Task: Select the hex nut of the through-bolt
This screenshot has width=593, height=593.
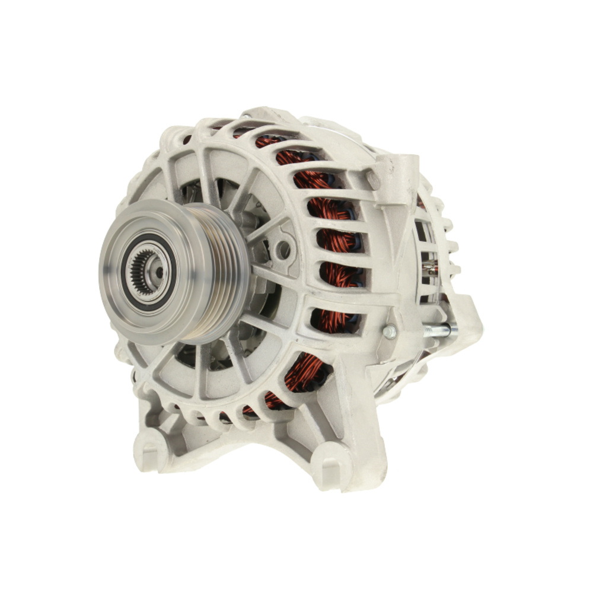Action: pos(390,333)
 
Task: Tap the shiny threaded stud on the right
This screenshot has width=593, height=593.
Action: pos(439,330)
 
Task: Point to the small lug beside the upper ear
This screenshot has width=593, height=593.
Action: pos(374,178)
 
